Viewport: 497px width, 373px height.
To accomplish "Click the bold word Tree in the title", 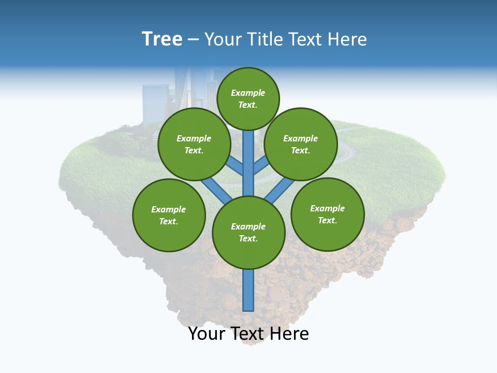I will click(x=162, y=39).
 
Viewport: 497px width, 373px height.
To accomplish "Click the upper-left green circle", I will click(x=194, y=145).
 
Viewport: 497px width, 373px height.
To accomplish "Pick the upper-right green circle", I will click(x=301, y=145).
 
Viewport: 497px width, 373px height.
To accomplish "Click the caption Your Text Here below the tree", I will click(x=248, y=334).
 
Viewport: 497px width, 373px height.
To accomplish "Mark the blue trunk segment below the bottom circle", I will click(x=248, y=290).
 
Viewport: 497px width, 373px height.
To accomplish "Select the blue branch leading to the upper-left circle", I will click(x=234, y=166).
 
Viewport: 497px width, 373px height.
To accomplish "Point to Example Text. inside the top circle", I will click(x=248, y=98).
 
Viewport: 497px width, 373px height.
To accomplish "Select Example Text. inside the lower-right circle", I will click(x=327, y=214).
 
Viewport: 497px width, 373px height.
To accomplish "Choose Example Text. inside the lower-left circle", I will click(x=169, y=215).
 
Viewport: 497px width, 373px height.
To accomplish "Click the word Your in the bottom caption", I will click(x=207, y=334).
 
